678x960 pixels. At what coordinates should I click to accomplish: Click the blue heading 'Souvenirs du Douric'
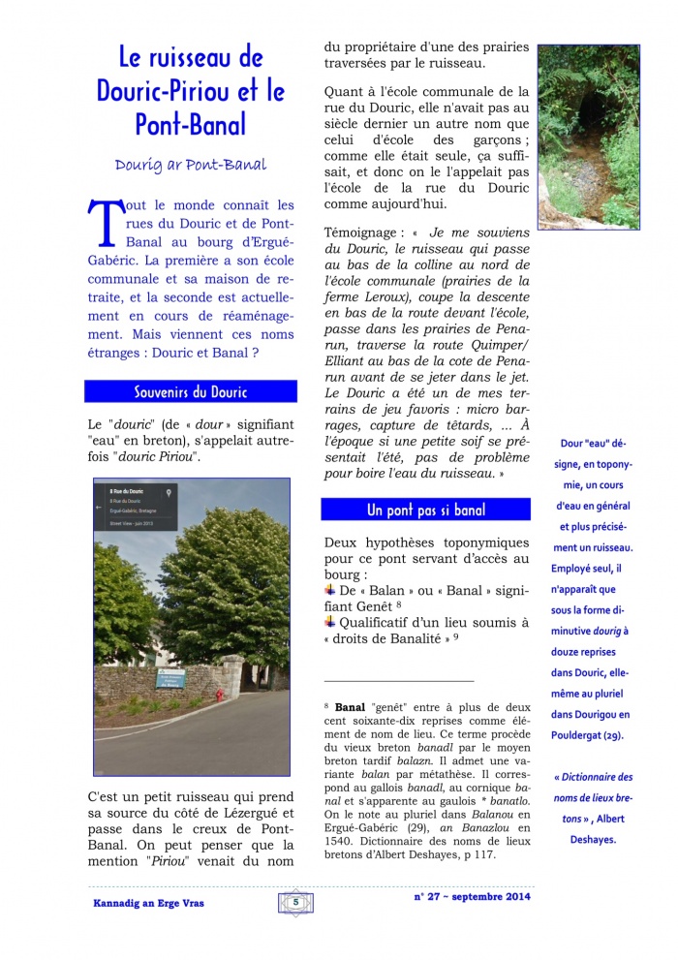(190, 391)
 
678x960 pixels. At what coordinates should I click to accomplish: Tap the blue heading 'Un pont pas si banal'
(426, 510)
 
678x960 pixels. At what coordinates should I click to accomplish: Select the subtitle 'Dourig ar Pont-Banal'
(190, 165)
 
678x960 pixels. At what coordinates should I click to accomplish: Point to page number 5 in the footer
(294, 902)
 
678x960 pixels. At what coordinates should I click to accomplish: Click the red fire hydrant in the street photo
(220, 695)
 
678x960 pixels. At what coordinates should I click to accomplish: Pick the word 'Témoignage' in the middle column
(360, 232)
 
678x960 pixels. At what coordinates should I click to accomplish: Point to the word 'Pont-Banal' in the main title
(190, 124)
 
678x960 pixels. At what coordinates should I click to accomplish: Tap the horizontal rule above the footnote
(399, 681)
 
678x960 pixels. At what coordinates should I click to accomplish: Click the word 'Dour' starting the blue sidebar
(571, 444)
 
